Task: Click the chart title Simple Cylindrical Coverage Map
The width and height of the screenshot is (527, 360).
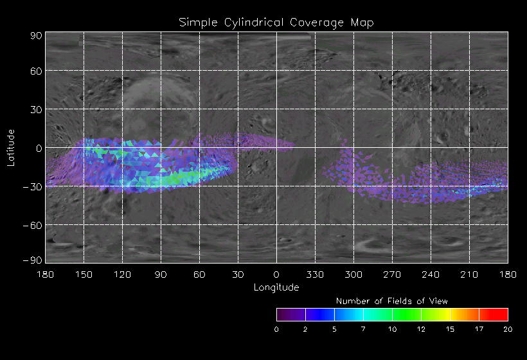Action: (x=276, y=22)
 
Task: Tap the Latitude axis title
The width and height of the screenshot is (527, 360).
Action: (x=10, y=147)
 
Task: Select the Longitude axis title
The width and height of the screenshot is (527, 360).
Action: (x=276, y=287)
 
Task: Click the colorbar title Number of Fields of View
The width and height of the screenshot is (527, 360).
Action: (x=392, y=301)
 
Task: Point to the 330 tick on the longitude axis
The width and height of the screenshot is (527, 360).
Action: (x=315, y=274)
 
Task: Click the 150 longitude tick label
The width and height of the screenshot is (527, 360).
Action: (x=84, y=274)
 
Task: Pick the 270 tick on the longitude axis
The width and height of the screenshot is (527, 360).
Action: (x=392, y=274)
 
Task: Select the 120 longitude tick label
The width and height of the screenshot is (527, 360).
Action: (x=122, y=274)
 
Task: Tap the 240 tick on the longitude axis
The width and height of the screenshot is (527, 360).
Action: (x=431, y=274)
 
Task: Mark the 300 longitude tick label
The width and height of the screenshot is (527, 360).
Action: (x=353, y=274)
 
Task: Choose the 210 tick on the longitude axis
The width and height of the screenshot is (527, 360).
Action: (x=469, y=274)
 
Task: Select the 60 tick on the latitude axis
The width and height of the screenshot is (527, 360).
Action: (x=36, y=71)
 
